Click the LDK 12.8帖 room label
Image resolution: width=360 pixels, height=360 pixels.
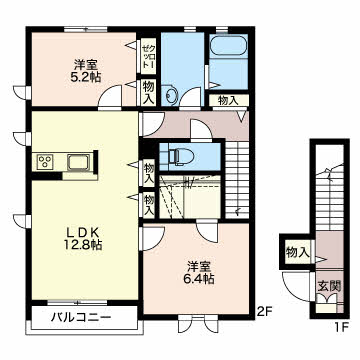(x=83, y=239)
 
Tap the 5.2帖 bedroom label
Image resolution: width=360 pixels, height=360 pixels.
(x=83, y=70)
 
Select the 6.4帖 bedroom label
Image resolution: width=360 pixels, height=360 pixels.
(x=199, y=272)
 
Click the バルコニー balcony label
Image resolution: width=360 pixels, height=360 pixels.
(x=81, y=317)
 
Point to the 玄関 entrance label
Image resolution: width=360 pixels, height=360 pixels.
(x=329, y=286)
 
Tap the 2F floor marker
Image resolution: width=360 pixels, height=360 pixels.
(x=264, y=311)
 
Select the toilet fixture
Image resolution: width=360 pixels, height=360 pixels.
(x=179, y=156)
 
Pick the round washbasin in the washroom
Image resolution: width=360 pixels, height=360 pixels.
(x=170, y=95)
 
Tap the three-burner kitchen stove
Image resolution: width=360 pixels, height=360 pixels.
(x=44, y=162)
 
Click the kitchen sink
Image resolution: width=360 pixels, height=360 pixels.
(x=78, y=163)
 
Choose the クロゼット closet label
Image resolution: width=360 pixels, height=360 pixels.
(x=146, y=57)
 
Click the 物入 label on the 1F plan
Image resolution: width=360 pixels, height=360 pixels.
(x=297, y=253)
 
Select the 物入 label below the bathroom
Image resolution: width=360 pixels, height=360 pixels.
(x=228, y=100)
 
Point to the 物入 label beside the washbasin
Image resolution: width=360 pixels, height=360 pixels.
(x=148, y=93)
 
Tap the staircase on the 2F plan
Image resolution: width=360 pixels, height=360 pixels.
(x=237, y=180)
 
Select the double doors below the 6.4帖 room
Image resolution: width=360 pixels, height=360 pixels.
(x=198, y=323)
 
